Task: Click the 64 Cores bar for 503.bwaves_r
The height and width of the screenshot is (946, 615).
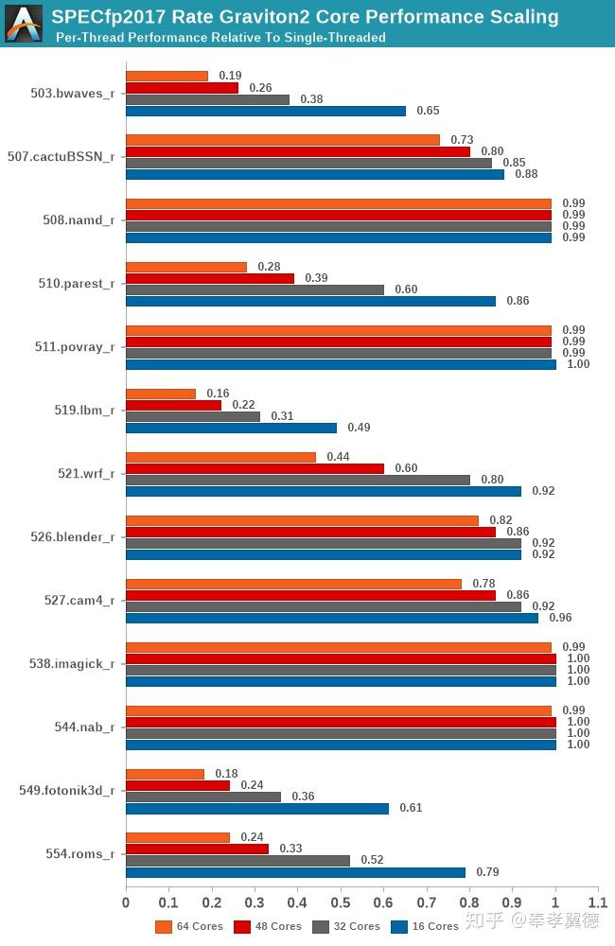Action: [x=167, y=77]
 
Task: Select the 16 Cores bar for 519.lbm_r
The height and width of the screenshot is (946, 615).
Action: [x=231, y=428]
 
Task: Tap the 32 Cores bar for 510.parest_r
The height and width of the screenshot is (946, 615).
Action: [x=255, y=289]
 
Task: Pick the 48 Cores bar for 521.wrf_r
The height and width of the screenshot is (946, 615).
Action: [x=255, y=468]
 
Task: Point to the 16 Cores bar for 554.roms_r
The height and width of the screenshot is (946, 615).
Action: [x=295, y=872]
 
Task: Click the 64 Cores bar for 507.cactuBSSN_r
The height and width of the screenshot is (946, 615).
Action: [x=282, y=140]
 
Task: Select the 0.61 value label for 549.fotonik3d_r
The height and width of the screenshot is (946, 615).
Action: [x=411, y=808]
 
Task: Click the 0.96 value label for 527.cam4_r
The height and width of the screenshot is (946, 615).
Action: [x=561, y=618]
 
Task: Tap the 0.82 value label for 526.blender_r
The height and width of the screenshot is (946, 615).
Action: [x=501, y=520]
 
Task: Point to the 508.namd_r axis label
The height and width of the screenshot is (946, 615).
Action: [x=79, y=220]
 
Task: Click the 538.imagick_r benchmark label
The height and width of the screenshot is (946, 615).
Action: [x=72, y=664]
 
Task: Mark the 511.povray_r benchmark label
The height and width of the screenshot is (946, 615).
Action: [x=75, y=347]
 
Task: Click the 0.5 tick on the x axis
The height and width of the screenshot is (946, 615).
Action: [x=341, y=903]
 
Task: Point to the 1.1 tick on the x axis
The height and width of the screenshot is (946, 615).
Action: [x=598, y=903]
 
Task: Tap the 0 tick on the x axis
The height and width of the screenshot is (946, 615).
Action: [x=126, y=903]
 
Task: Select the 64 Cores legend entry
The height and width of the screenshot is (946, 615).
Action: [x=189, y=926]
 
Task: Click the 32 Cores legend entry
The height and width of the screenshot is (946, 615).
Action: [x=345, y=926]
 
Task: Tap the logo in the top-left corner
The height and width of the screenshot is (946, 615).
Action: [x=24, y=24]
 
